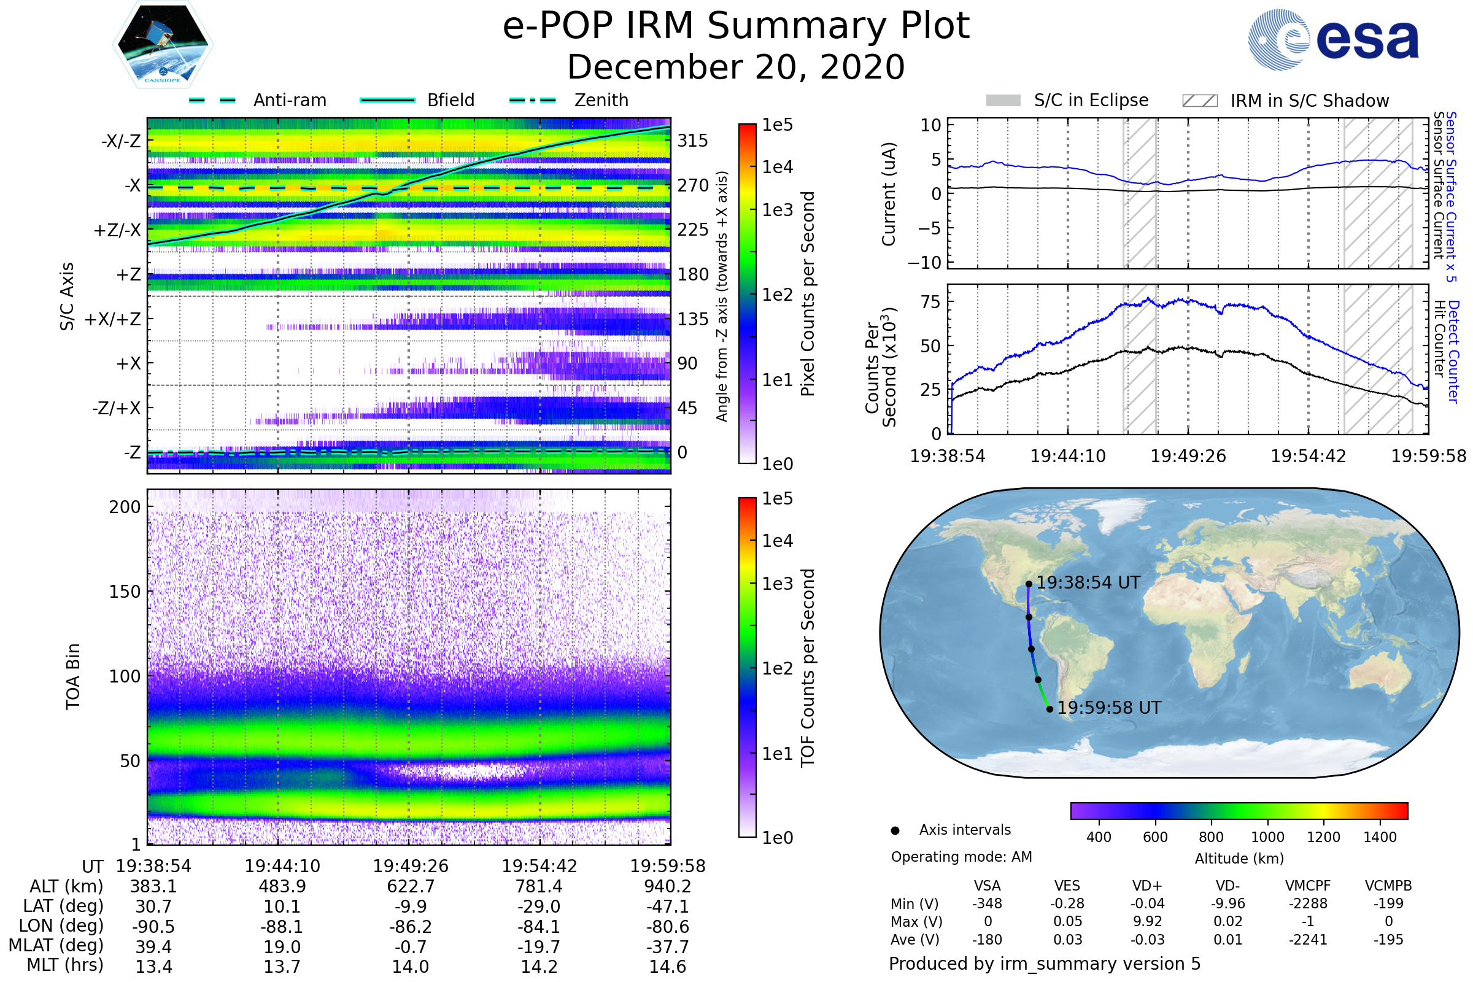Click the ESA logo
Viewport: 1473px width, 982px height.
tap(1333, 39)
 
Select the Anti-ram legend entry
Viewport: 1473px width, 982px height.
tap(257, 100)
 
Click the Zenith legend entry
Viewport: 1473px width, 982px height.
tap(569, 100)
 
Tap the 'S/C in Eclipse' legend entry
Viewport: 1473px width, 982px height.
tap(1067, 100)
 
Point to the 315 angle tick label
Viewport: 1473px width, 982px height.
tap(693, 141)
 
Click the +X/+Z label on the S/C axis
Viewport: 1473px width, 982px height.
tap(113, 319)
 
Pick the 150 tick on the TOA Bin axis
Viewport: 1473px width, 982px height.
tap(125, 592)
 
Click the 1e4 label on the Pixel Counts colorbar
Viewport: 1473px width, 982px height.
tap(777, 167)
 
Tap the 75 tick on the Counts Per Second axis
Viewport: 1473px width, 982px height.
tap(930, 302)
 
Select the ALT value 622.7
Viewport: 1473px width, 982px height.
tap(411, 886)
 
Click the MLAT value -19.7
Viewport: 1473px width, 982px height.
tap(539, 947)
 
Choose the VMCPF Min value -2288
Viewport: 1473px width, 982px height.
tap(1308, 903)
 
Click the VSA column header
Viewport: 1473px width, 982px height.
tap(988, 886)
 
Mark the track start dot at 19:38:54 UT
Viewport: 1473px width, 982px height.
tap(1029, 584)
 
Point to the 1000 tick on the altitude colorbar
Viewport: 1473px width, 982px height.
tap(1267, 837)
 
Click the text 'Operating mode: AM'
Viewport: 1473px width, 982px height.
tap(961, 857)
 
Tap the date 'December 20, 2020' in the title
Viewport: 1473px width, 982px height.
tap(736, 67)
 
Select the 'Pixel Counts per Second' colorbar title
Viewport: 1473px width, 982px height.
tap(808, 294)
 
